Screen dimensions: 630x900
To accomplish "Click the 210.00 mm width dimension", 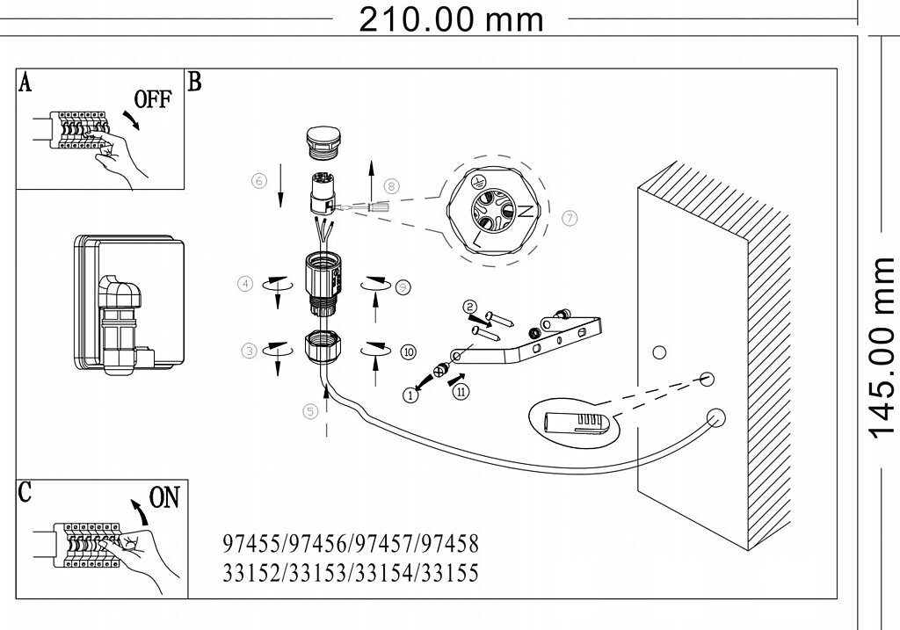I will tap(451, 18).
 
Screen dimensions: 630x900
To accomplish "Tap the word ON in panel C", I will tap(163, 498).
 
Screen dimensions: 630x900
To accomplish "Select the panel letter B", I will tap(195, 83).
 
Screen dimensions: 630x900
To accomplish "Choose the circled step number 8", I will tap(392, 185).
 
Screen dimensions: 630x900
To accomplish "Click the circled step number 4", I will tap(246, 283).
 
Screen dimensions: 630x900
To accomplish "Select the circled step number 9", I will tap(402, 286).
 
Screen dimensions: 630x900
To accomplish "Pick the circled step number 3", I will tap(250, 351).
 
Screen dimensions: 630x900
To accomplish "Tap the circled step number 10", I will tap(408, 351).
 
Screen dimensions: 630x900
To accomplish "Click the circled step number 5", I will tap(308, 409).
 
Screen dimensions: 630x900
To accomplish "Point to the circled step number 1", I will tap(410, 395).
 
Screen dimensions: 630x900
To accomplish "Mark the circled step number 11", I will tap(462, 392).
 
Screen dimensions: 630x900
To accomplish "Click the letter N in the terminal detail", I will tap(525, 211).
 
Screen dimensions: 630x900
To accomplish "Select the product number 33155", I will tap(451, 574).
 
